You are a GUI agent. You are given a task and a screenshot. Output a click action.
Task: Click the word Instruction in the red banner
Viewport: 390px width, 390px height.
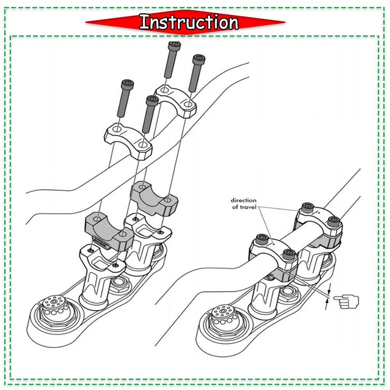tap(189, 22)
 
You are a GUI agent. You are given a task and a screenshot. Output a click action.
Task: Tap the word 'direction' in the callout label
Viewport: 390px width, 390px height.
tap(243, 200)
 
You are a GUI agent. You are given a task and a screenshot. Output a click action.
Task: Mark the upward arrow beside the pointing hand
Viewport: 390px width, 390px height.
tap(327, 305)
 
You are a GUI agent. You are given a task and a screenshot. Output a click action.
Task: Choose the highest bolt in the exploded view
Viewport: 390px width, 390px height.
tap(173, 58)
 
